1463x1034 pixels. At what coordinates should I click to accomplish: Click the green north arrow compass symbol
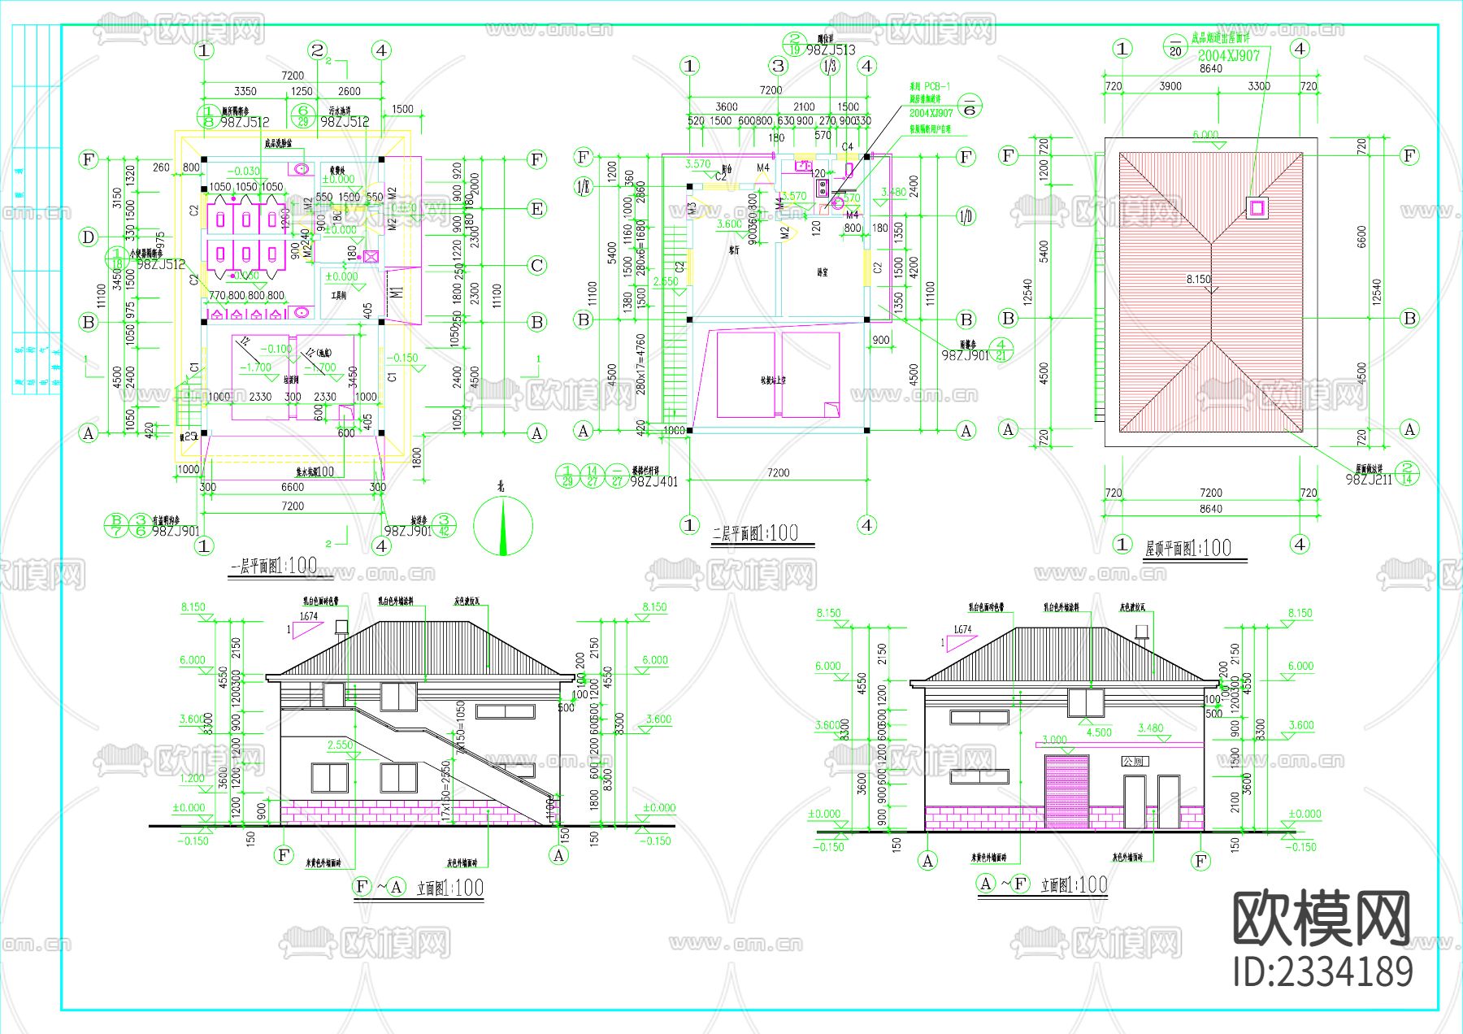click(x=503, y=525)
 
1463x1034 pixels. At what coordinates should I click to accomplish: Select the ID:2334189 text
click(x=1322, y=971)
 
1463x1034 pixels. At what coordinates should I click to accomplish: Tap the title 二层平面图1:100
click(x=756, y=533)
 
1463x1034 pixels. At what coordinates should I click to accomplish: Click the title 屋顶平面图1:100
click(x=1187, y=548)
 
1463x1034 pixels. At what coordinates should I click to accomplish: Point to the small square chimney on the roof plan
click(x=1257, y=208)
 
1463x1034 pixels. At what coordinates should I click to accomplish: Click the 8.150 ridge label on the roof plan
click(x=1198, y=279)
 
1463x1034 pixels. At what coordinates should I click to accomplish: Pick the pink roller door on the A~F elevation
click(x=1066, y=791)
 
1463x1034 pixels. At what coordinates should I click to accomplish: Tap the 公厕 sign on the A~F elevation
click(x=1133, y=761)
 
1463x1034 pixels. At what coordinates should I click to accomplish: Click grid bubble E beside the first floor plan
click(x=536, y=209)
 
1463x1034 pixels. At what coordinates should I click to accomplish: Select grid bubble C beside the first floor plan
click(x=536, y=265)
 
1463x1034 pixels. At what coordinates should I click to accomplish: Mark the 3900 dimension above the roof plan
click(x=1170, y=86)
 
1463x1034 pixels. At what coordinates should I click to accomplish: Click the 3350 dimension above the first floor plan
click(x=245, y=91)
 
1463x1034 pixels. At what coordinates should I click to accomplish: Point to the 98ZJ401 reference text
click(x=653, y=481)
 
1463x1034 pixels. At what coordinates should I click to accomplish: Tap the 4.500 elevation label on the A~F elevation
click(x=1099, y=732)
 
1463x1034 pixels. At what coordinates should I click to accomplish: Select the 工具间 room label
click(x=338, y=296)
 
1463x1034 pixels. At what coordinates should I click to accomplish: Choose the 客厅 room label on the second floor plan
click(x=734, y=250)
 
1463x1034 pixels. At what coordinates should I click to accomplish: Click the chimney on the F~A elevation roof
click(x=341, y=626)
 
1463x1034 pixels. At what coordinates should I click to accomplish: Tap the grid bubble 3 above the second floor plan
click(x=779, y=66)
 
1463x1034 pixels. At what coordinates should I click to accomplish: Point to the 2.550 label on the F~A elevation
click(x=340, y=745)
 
